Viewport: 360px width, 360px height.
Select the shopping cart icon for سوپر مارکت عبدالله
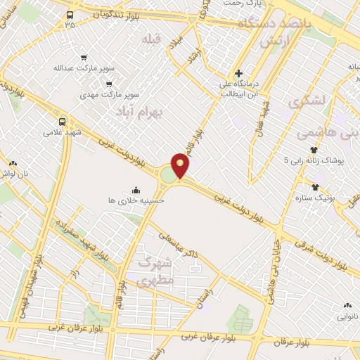coord(84,58)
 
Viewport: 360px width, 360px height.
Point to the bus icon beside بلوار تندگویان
coord(70,15)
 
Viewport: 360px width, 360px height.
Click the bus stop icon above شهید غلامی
coord(63,121)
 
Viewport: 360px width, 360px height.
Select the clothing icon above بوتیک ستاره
coord(314,187)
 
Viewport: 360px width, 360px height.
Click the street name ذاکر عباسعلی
coord(179,250)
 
